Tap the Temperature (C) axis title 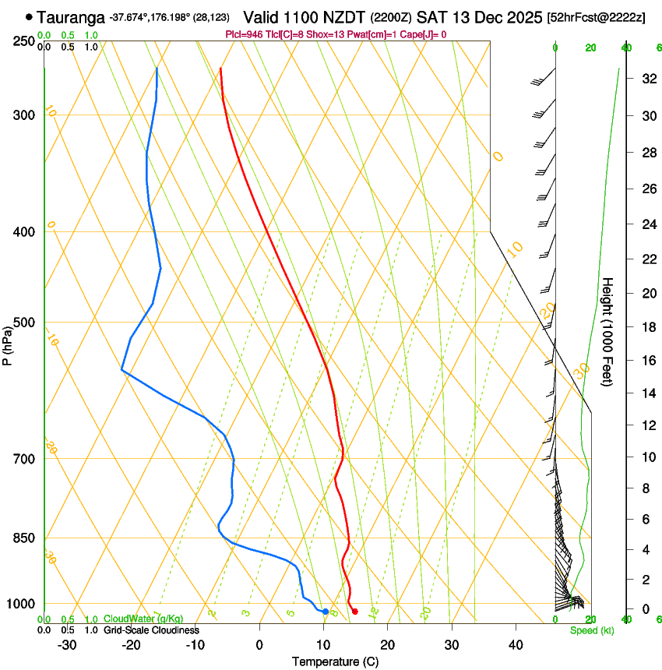click(335, 661)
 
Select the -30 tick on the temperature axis click(67, 644)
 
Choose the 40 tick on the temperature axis click(515, 644)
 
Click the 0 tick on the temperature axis click(259, 644)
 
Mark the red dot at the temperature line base click(354, 612)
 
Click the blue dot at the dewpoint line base click(325, 612)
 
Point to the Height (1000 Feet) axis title click(607, 331)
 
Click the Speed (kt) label click(591, 630)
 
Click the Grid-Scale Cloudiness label click(151, 629)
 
